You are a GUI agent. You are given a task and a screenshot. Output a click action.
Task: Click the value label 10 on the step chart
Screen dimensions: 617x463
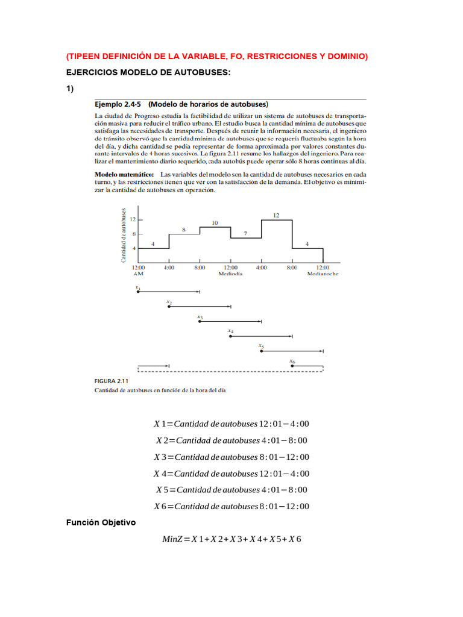tap(215, 223)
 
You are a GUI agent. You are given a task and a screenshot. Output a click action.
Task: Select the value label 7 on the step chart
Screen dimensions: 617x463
tap(245, 233)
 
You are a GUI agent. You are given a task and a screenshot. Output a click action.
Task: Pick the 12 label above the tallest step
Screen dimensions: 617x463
tap(276, 215)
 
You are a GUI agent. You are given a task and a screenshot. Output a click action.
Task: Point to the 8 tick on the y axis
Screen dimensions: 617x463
tap(134, 234)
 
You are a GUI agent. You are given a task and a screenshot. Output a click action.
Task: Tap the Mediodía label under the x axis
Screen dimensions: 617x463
tap(230, 273)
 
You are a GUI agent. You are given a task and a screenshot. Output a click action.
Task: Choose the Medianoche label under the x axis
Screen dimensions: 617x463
tap(323, 273)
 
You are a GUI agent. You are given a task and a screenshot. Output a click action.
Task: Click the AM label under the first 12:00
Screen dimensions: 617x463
tap(138, 273)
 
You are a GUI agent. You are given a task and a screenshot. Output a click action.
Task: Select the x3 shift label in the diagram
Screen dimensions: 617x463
tap(200, 316)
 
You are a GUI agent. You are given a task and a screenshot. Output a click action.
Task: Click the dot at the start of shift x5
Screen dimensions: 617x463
tap(261, 350)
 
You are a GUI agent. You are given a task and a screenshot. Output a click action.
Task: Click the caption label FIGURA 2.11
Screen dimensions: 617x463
tap(111, 381)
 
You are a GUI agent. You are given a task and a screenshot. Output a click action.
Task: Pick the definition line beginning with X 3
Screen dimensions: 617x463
tap(231, 457)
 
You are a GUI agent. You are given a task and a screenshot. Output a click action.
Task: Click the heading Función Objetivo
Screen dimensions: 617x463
tap(101, 522)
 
